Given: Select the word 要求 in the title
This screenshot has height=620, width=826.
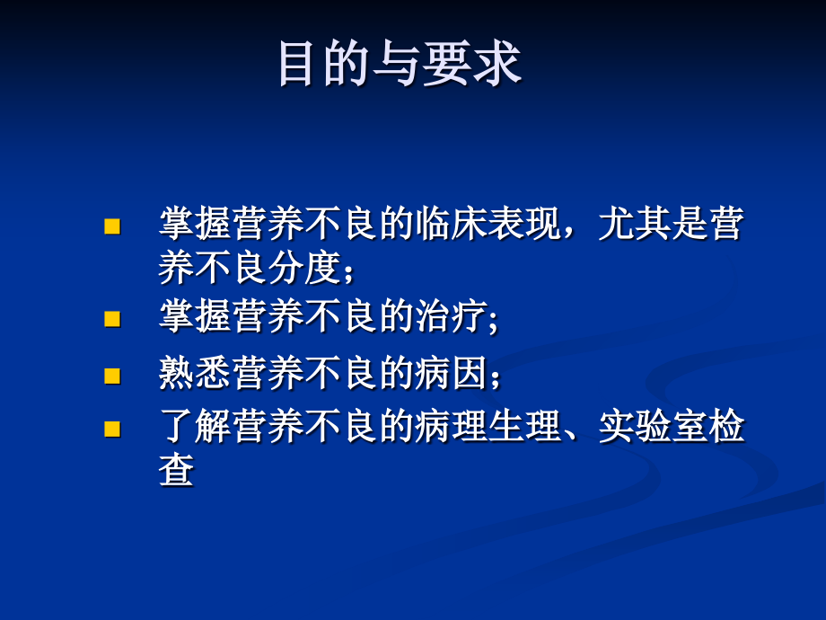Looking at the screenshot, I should (x=472, y=64).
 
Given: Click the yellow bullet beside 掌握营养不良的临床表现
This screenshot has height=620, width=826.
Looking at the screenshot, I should (x=112, y=226).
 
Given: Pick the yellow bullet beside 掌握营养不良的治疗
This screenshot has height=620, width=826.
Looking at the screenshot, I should (x=112, y=319).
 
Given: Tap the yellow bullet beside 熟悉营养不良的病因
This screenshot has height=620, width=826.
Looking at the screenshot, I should (x=112, y=375).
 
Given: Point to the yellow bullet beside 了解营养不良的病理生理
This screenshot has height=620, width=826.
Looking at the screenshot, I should (x=112, y=429).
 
